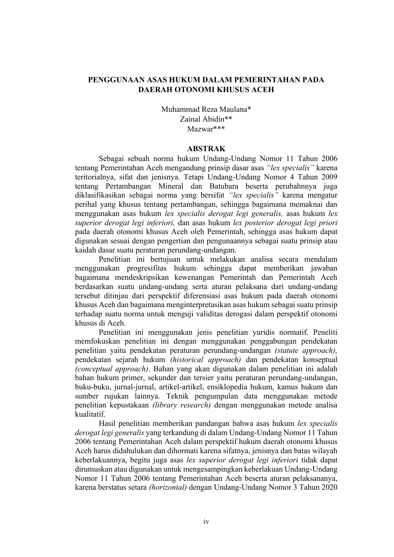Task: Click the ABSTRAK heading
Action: [x=206, y=149]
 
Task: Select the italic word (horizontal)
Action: [x=168, y=487]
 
